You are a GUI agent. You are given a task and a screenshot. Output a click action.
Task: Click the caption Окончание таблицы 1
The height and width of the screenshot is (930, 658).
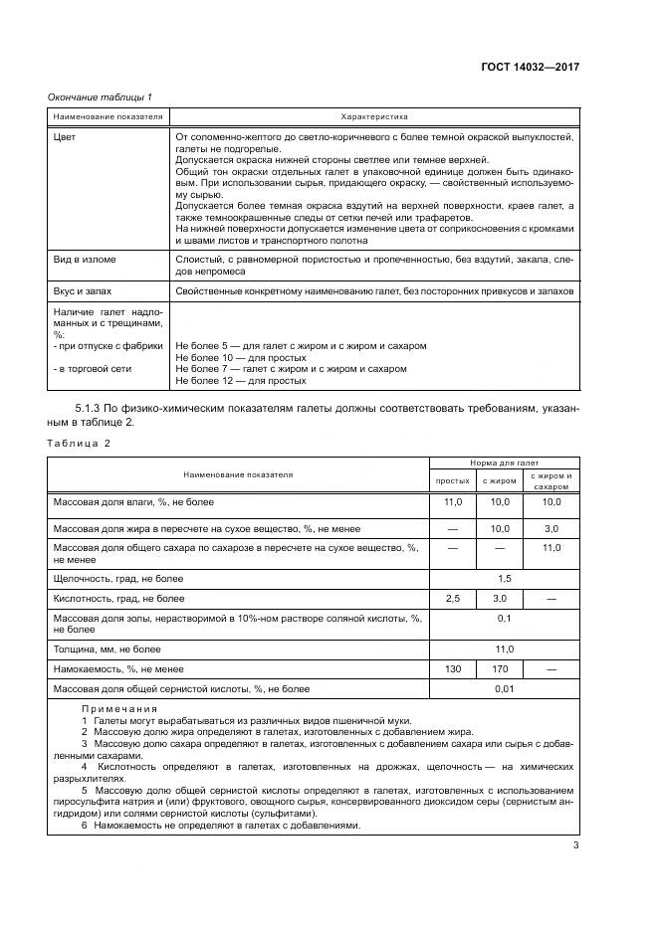coord(101,96)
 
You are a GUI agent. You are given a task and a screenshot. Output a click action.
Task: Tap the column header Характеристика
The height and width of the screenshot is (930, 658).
coord(373,117)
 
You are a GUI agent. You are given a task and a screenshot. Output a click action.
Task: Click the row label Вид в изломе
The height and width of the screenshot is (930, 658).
coord(85,260)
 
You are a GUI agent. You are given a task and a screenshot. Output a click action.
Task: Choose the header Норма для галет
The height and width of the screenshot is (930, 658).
coord(504,463)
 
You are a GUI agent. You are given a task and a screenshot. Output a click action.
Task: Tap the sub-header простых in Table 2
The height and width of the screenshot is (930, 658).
coord(452,481)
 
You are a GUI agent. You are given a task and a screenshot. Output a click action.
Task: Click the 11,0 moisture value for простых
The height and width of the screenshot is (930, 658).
coord(452,503)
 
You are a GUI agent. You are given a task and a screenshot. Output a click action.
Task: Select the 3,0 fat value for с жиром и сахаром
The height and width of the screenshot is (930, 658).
coord(550,528)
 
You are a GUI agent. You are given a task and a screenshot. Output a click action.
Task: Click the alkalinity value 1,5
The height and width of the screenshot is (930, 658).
coord(504,577)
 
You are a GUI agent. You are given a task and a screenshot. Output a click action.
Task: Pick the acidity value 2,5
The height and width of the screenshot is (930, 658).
coord(452,599)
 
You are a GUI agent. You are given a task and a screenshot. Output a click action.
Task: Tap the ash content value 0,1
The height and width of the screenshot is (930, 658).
coord(504,618)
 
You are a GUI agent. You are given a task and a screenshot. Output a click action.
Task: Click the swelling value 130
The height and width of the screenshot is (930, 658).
coord(452,669)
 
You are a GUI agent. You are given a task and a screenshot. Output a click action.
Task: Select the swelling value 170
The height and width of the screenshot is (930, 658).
coord(501,669)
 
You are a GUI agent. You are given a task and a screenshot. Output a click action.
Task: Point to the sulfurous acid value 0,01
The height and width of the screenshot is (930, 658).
coord(504,688)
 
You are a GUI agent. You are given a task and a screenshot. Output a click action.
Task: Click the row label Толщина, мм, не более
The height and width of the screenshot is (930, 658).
coord(110,650)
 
